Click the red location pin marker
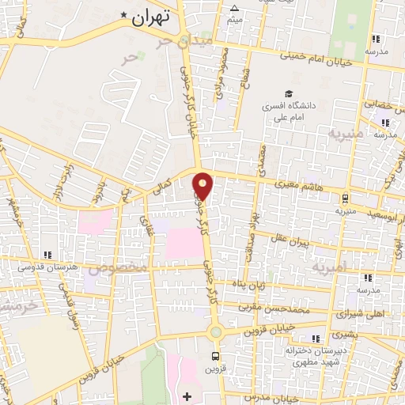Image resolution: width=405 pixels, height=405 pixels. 204,185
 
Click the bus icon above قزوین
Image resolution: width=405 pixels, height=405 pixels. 215,356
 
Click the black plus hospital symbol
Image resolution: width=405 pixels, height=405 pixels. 187,395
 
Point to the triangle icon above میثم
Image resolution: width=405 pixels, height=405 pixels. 233,9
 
